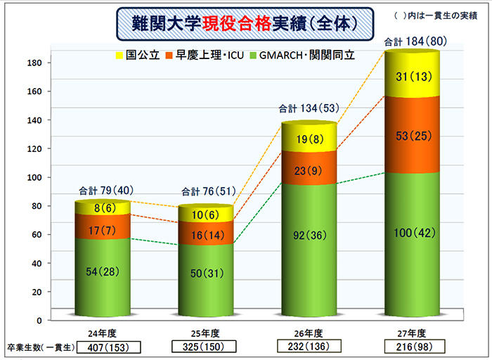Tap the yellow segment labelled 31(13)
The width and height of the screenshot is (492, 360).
[x=412, y=76]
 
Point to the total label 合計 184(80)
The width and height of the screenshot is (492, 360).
[x=412, y=44]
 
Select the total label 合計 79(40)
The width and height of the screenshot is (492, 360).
[x=105, y=190]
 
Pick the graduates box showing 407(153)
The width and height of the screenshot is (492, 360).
[x=107, y=347]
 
